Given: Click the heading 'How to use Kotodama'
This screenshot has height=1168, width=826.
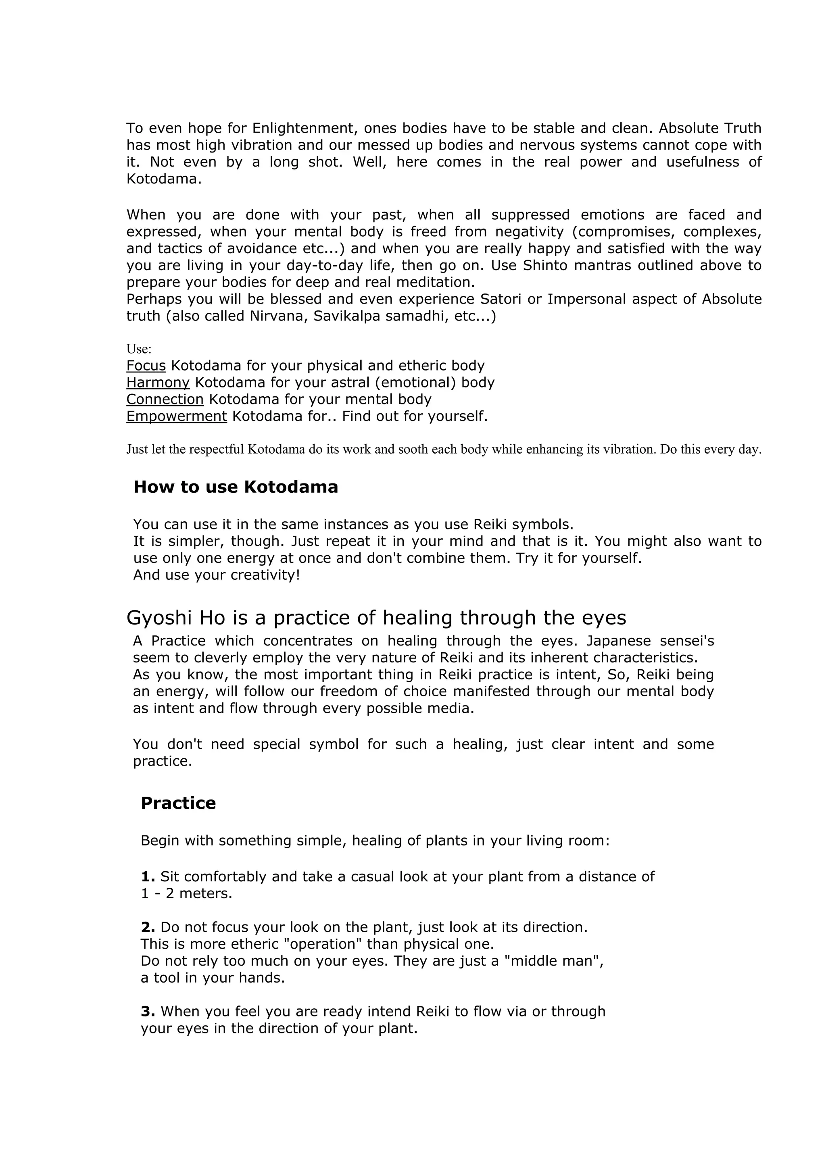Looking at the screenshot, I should click(235, 487).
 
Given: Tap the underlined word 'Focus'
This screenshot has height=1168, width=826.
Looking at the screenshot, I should click(146, 366).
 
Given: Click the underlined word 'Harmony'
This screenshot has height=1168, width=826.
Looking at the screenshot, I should click(158, 383).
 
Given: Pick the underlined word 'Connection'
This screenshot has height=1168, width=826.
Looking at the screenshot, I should click(165, 399).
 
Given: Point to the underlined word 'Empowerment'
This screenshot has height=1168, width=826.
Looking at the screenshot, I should click(177, 416).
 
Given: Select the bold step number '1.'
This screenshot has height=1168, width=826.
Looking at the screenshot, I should click(148, 877).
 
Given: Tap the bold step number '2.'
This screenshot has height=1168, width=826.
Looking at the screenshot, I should click(148, 927).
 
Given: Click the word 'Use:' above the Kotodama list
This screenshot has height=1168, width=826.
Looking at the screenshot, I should click(139, 349).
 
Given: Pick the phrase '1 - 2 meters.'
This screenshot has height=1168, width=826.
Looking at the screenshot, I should click(186, 894).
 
